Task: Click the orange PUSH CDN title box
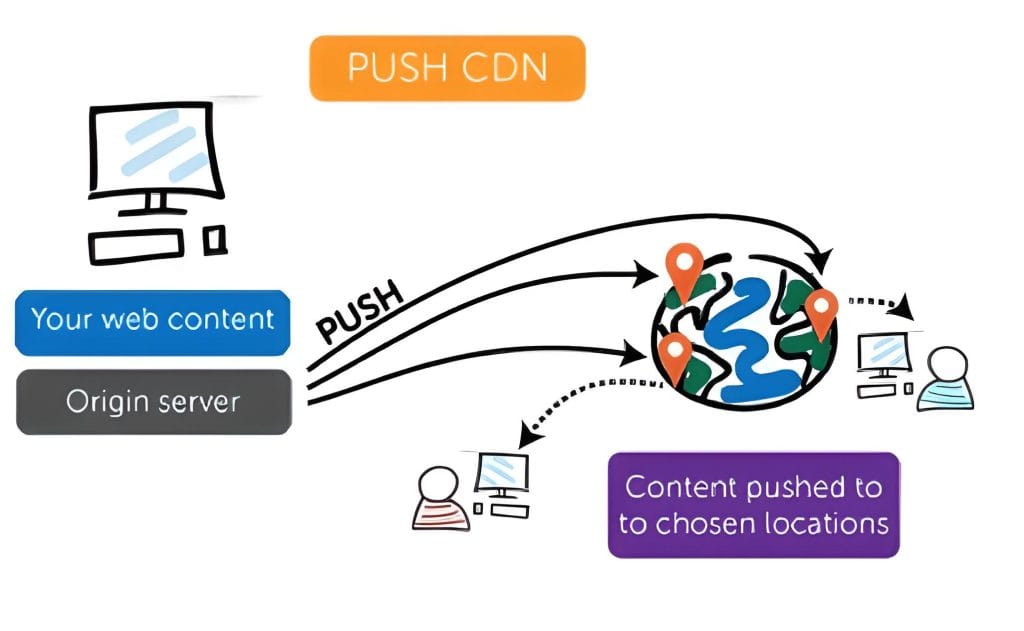(x=446, y=68)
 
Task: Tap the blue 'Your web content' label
(x=153, y=321)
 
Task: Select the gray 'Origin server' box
(x=153, y=402)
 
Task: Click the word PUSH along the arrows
(x=360, y=312)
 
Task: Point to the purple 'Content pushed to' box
(x=753, y=505)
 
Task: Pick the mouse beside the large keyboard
(x=215, y=239)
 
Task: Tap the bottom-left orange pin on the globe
(x=675, y=356)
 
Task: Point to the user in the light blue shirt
(x=945, y=379)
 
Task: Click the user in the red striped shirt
(x=441, y=500)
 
